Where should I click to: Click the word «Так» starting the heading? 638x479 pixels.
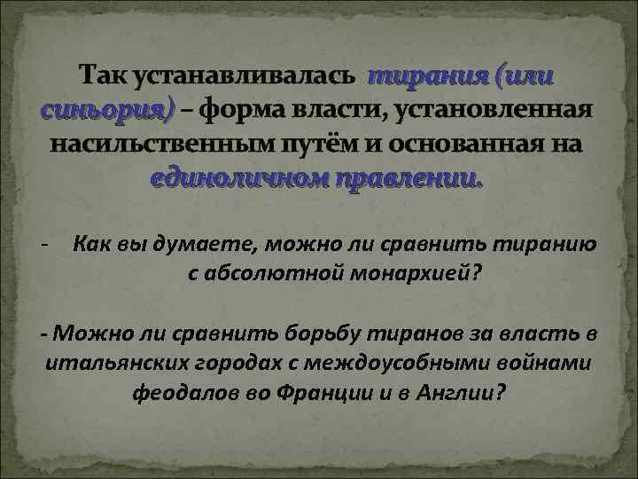(103, 77)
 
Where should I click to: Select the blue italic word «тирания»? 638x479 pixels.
(429, 77)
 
